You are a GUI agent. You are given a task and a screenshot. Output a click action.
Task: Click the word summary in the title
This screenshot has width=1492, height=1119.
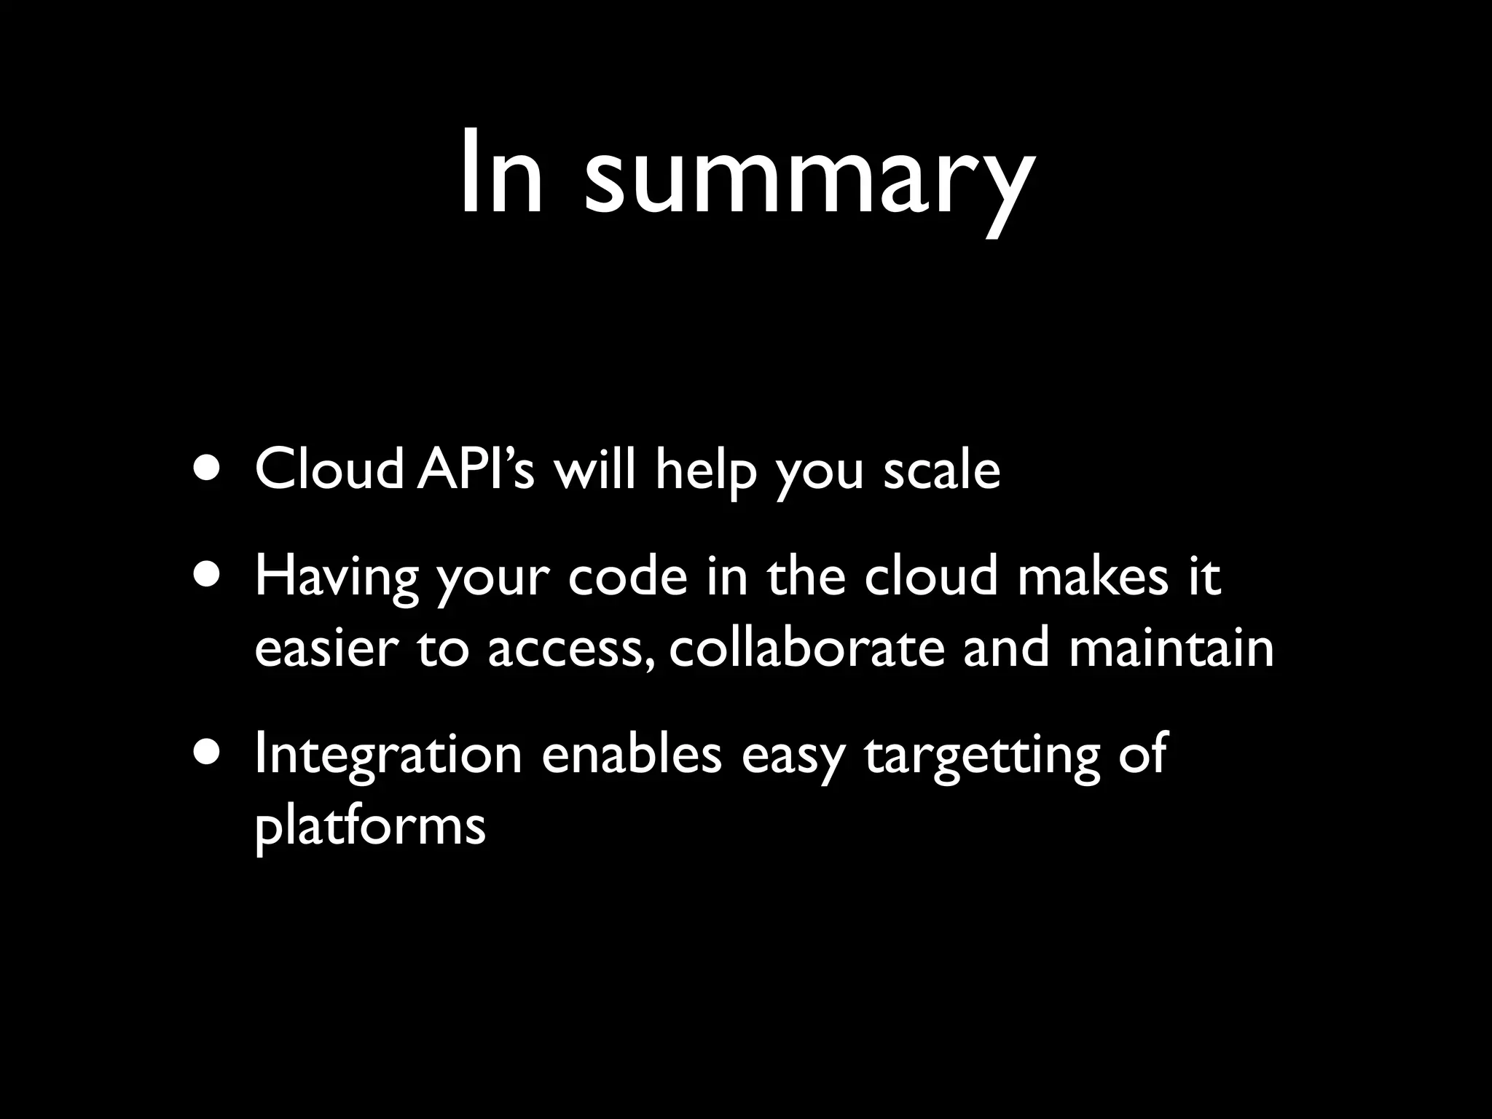(809, 178)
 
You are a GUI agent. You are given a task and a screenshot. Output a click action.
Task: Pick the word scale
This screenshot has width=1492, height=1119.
(941, 470)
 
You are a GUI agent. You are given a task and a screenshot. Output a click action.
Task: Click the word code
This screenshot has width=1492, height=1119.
(628, 576)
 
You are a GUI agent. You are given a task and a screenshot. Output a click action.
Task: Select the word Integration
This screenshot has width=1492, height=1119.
(388, 755)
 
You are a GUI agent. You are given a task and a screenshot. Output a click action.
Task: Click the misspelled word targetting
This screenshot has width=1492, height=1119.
(982, 758)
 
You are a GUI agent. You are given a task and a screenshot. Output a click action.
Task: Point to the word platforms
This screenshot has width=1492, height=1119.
(370, 828)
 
